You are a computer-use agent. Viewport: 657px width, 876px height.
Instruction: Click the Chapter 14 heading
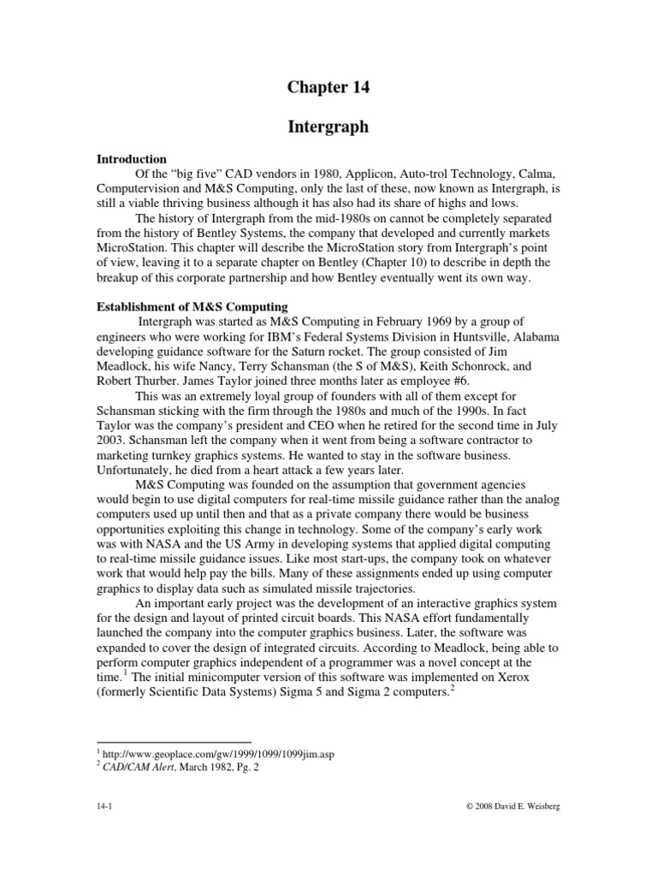pos(328,86)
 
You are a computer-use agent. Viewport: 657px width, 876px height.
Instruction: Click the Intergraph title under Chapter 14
pos(328,127)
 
